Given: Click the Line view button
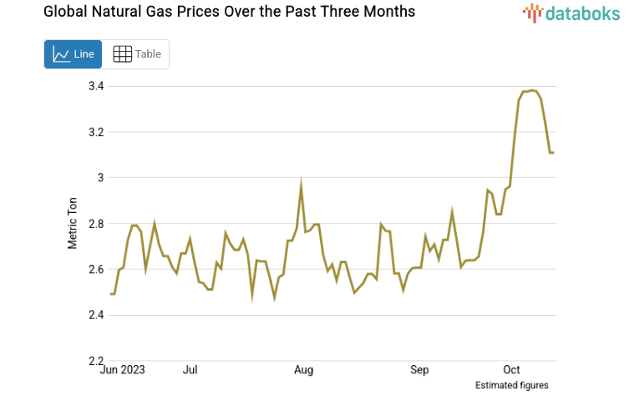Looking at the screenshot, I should click(x=73, y=54).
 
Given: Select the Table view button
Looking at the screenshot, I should click(x=136, y=54).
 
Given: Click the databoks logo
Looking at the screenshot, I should click(x=571, y=13).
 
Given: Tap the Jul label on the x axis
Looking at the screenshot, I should click(x=190, y=370).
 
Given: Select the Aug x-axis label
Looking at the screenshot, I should click(x=304, y=370).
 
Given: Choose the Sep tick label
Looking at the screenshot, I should click(x=419, y=370).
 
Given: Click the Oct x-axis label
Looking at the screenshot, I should click(x=511, y=370).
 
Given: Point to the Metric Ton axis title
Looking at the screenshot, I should click(x=73, y=223).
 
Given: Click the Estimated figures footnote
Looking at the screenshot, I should click(x=511, y=385).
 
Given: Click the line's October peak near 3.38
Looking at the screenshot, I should click(x=532, y=90).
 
